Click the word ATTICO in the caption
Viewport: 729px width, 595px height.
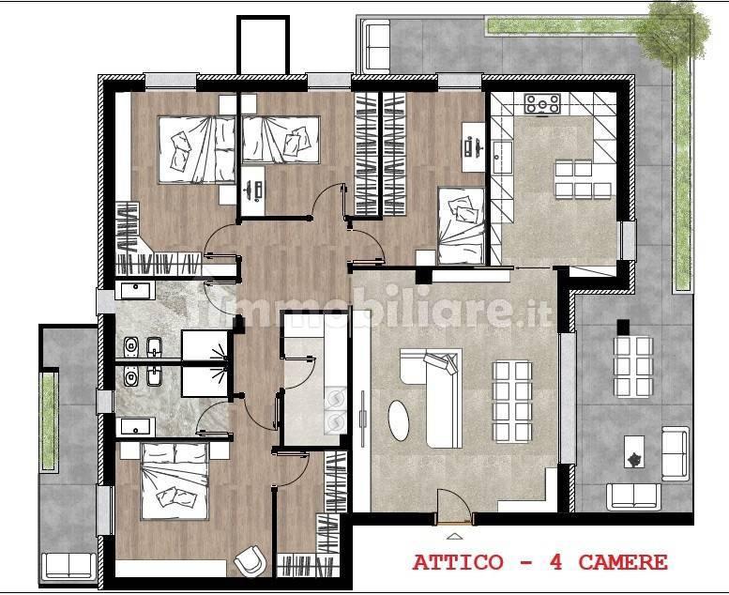coord(458,562)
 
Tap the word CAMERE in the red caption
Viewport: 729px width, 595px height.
coord(623,562)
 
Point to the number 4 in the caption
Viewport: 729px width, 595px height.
coord(556,562)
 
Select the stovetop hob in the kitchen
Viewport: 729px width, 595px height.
coord(542,104)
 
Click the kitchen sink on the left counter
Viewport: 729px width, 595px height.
coord(502,151)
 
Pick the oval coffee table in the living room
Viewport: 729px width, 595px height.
coord(399,420)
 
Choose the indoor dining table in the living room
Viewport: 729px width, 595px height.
coord(512,401)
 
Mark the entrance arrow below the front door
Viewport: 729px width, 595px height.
coord(454,537)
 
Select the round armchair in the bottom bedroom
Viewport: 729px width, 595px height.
coord(250,560)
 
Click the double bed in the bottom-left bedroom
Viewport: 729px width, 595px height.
coord(175,481)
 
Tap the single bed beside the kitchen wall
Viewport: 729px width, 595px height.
coord(462,225)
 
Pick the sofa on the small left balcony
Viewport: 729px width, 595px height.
coord(68,566)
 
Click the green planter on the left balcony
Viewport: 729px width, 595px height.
coord(49,420)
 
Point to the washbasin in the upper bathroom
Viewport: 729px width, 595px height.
coord(135,290)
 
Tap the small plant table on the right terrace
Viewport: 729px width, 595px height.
coord(633,451)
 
